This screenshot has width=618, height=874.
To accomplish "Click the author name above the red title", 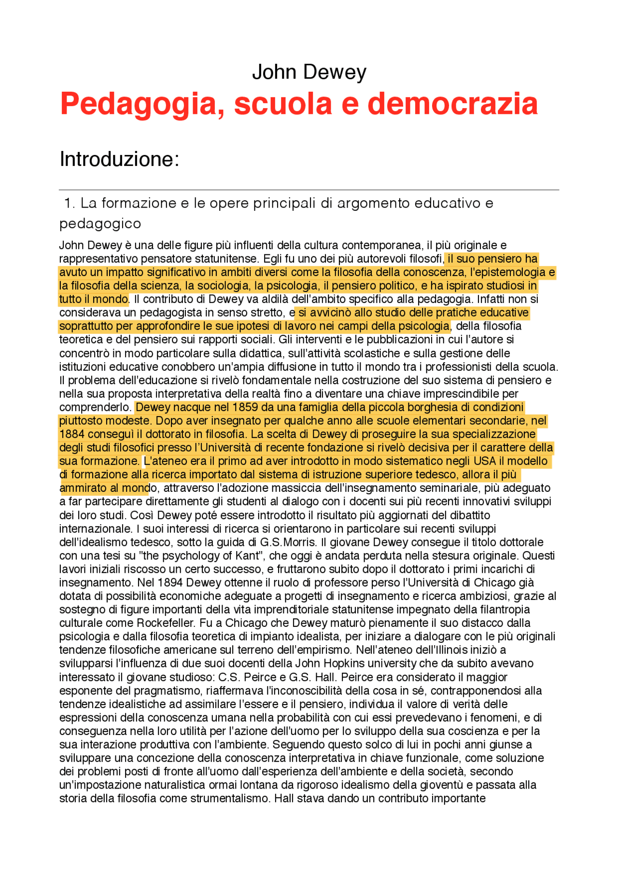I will click(x=309, y=72).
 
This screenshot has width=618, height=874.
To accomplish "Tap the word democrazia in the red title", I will click(x=452, y=104).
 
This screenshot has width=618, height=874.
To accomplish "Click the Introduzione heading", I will click(x=119, y=159).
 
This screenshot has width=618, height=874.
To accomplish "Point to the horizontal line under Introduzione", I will click(x=309, y=190).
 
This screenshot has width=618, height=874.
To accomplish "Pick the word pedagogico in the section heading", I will click(x=100, y=223).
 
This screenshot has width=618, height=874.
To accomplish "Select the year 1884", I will click(x=72, y=434).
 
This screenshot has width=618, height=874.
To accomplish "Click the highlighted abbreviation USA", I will click(x=485, y=461).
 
